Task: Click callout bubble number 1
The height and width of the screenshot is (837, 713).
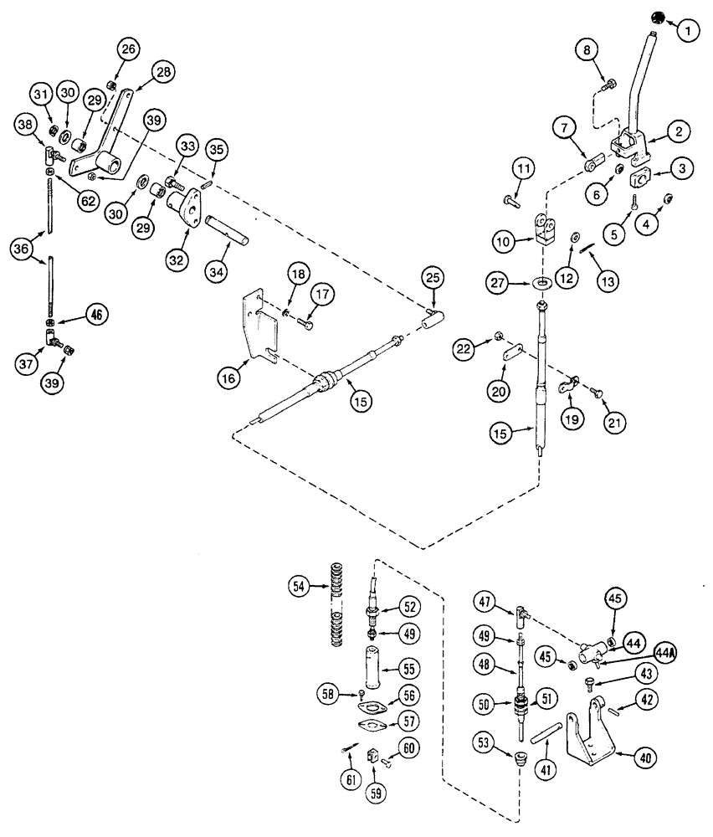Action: coord(687,32)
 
